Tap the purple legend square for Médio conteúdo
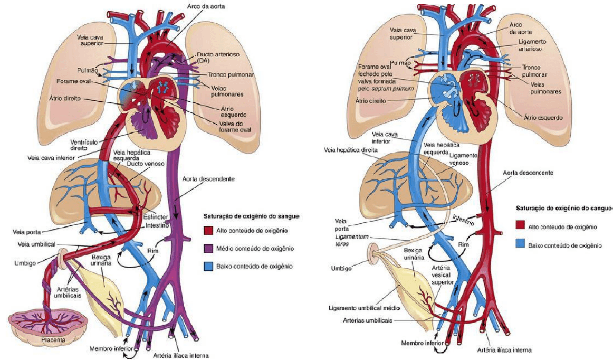pyautogui.click(x=208, y=248)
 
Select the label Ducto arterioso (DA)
pyautogui.click(x=214, y=58)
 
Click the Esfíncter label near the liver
pyautogui.click(x=156, y=216)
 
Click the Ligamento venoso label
pyautogui.click(x=464, y=160)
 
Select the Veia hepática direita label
pyautogui.click(x=352, y=150)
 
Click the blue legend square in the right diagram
pyautogui.click(x=520, y=245)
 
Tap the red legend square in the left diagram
pyautogui.click(x=208, y=231)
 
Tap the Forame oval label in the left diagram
pyautogui.click(x=75, y=82)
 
